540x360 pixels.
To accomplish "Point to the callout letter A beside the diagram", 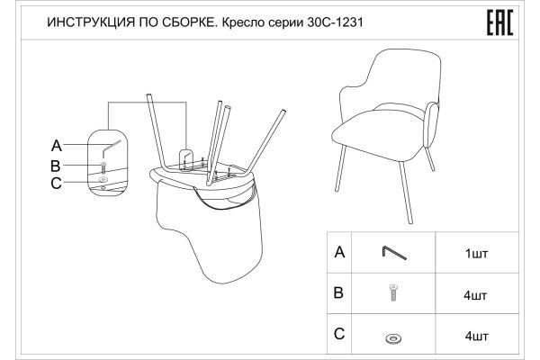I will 56,146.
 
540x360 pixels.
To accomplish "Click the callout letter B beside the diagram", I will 56,166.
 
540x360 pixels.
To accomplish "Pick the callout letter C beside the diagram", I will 56,184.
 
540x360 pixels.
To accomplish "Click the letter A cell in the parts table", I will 339,253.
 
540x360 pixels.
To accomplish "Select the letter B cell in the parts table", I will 339,294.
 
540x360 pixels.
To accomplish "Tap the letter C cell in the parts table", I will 339,335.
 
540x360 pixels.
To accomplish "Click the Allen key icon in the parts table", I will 392,253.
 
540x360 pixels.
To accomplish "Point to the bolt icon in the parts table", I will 392,293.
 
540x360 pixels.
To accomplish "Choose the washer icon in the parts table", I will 392,337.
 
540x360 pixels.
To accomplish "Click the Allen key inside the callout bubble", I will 111,145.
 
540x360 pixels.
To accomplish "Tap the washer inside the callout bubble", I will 103,181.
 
